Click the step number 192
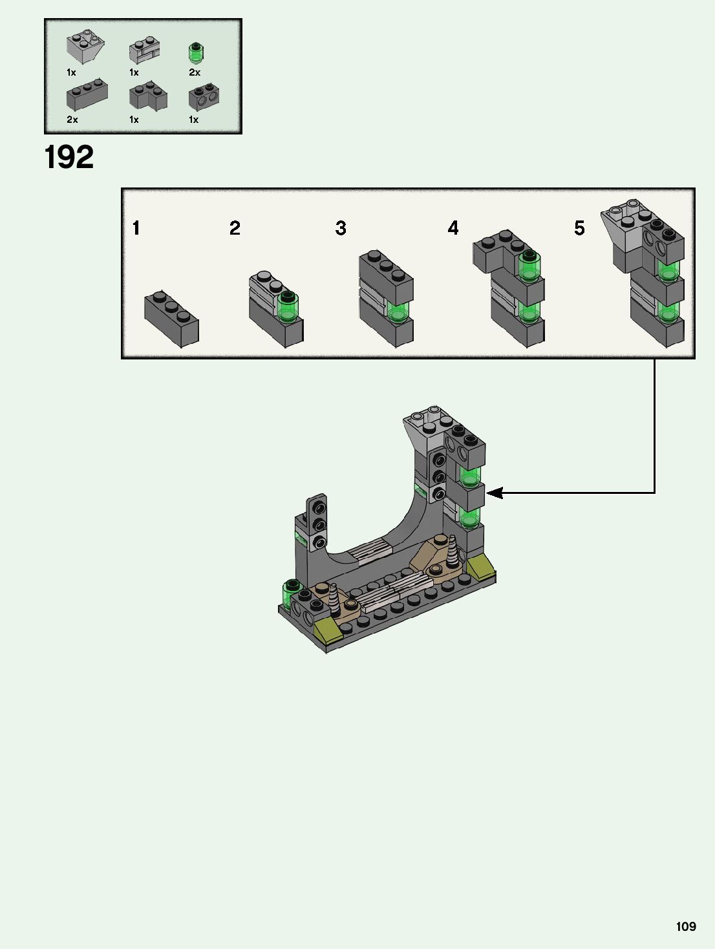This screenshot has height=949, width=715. coord(69,156)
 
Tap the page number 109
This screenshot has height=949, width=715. coord(686,926)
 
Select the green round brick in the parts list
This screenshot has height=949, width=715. coord(196,53)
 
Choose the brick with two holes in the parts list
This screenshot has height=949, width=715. coord(204,96)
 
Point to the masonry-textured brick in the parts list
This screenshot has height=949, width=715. coord(144,50)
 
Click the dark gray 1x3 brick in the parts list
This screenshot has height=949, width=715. coord(87,94)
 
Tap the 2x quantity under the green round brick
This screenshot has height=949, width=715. coord(195,72)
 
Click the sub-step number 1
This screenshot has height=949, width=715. coord(136,228)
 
